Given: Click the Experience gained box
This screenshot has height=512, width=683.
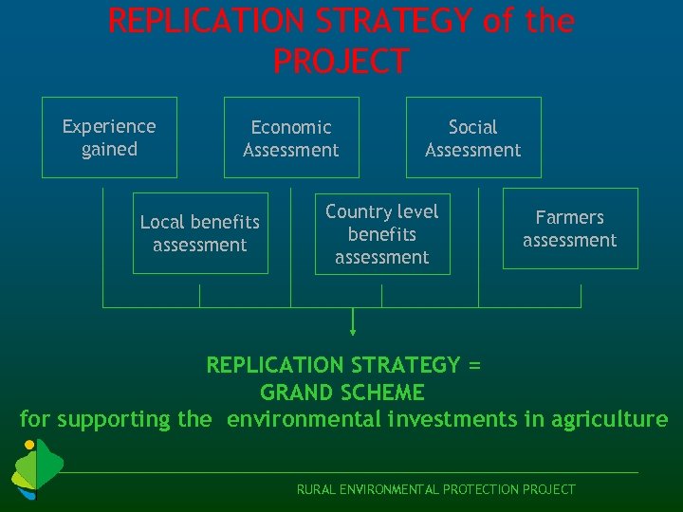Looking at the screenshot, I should pos(109,137).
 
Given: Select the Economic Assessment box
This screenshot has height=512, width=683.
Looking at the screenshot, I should pos(291,137).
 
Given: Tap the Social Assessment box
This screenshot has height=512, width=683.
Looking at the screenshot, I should pos(473,137).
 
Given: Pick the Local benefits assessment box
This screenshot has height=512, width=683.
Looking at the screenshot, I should pos(200,233).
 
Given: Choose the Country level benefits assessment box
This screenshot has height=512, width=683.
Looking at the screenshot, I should pos(382,233).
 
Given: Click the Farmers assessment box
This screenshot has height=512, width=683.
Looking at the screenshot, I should pos(570,229).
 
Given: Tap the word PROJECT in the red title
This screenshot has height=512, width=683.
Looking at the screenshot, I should pos(341,62).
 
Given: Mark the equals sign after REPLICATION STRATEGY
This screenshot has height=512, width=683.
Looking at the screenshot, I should pos(475,365).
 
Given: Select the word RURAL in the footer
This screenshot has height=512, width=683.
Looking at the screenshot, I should pos(316,489).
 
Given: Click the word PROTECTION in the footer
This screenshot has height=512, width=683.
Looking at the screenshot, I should pos(467,489).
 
